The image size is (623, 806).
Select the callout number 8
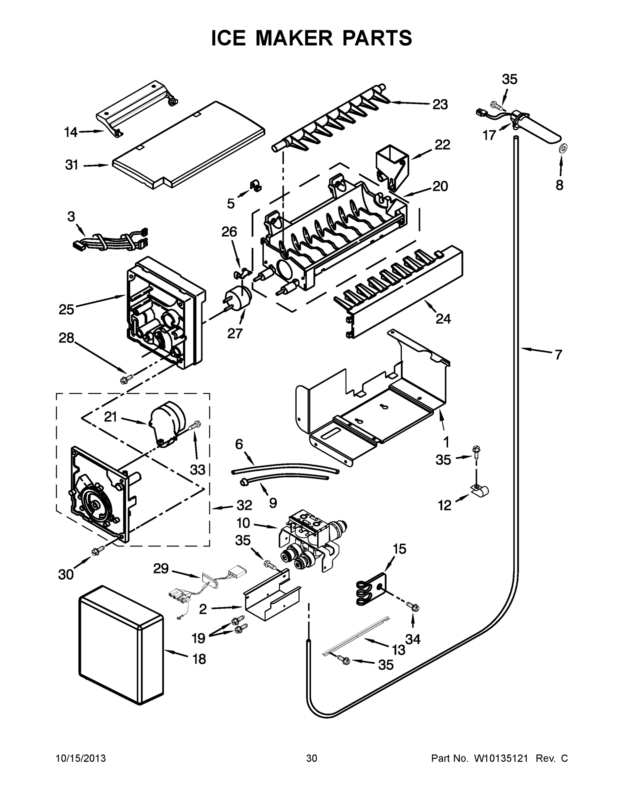point(560,185)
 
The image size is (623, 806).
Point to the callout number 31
point(72,165)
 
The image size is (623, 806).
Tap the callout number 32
point(244,505)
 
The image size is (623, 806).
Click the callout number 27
point(235,333)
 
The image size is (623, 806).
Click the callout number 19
point(198,638)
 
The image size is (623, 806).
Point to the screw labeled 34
point(412,606)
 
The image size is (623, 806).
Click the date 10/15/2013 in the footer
point(81,759)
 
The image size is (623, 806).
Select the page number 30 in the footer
point(312,759)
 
